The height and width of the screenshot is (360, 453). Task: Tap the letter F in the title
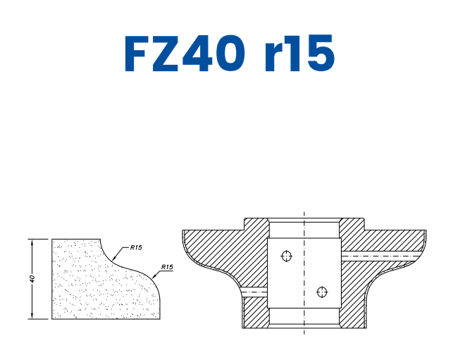138,54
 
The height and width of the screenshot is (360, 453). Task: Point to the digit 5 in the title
317,54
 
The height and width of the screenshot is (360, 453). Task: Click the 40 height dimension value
32,279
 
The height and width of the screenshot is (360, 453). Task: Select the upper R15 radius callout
136,248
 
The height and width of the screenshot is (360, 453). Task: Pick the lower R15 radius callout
167,267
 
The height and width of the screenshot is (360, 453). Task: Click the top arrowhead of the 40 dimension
32,242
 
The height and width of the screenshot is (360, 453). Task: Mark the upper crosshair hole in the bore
286,256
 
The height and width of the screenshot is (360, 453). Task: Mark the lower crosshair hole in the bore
322,291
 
